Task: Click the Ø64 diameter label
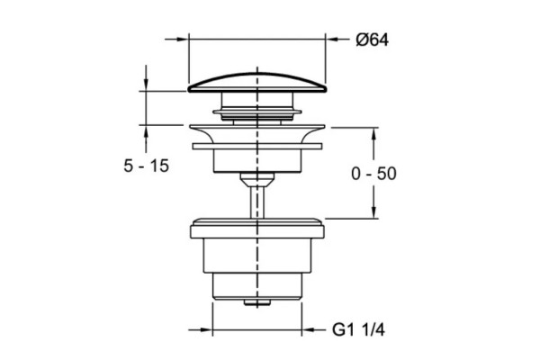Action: pos(373,40)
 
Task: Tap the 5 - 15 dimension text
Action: pos(147,166)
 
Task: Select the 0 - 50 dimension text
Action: pos(373,174)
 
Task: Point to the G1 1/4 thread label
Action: pos(358,329)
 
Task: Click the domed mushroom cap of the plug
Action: pos(256,83)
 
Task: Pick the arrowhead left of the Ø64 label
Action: pos(333,40)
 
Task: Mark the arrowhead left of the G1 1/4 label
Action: pos(309,329)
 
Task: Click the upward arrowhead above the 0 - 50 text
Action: pos(373,135)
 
